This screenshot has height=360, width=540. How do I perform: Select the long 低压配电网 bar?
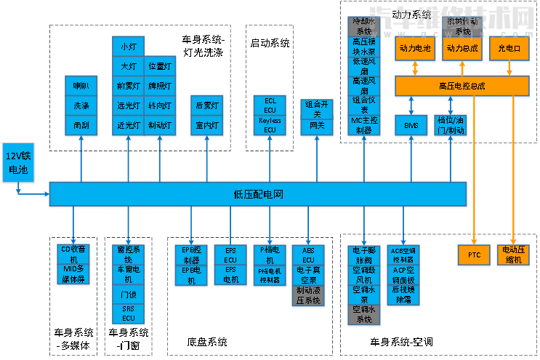pos(258,194)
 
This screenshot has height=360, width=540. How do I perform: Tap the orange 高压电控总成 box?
pos(462,86)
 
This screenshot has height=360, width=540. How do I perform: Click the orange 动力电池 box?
pos(415,49)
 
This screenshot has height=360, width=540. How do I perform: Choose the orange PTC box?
pos(474,255)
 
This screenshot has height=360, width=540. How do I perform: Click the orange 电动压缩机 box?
pos(515,255)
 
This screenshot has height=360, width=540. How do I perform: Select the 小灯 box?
pos(128,47)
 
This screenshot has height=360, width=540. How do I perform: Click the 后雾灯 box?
pos(207,105)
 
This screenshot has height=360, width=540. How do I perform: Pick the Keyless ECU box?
pos(270,124)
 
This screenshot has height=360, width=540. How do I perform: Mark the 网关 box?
pos(318,125)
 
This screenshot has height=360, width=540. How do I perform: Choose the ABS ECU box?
pos(308,255)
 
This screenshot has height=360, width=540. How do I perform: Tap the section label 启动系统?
pos(270,42)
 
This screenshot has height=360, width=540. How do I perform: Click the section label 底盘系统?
pos(207,342)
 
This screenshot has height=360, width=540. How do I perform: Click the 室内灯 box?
pos(207,124)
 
